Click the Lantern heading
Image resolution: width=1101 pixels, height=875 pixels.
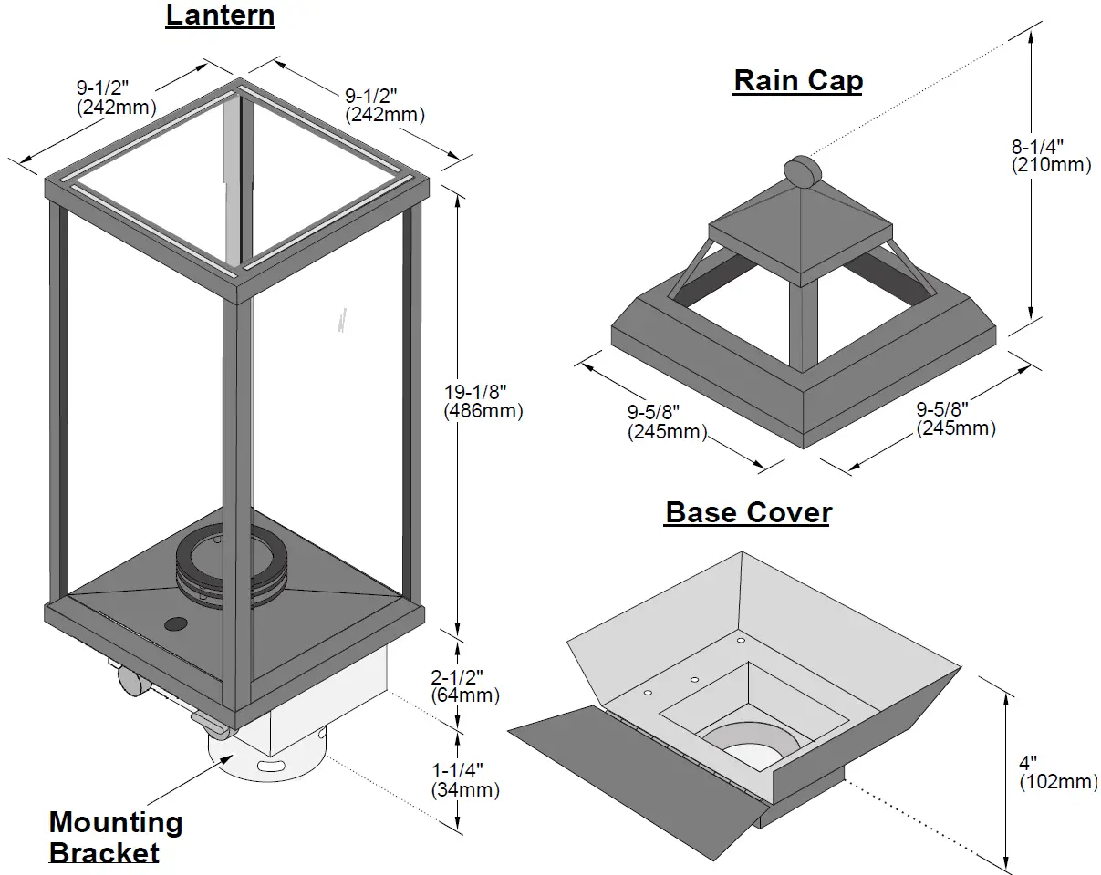pyautogui.click(x=220, y=15)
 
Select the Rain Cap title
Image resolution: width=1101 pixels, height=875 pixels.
pyautogui.click(x=797, y=80)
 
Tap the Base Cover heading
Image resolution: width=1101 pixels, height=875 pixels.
pyautogui.click(x=748, y=512)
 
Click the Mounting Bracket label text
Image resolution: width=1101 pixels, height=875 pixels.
pyautogui.click(x=116, y=837)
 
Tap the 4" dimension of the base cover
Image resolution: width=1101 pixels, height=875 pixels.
pyautogui.click(x=1028, y=762)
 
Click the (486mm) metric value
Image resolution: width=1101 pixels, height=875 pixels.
pyautogui.click(x=483, y=411)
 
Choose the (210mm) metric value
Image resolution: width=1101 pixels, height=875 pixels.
pyautogui.click(x=1051, y=165)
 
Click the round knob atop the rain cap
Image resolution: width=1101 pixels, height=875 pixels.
pyautogui.click(x=801, y=171)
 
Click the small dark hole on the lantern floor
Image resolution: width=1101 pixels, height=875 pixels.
pyautogui.click(x=174, y=625)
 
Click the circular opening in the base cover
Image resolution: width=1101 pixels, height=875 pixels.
pyautogui.click(x=750, y=741)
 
